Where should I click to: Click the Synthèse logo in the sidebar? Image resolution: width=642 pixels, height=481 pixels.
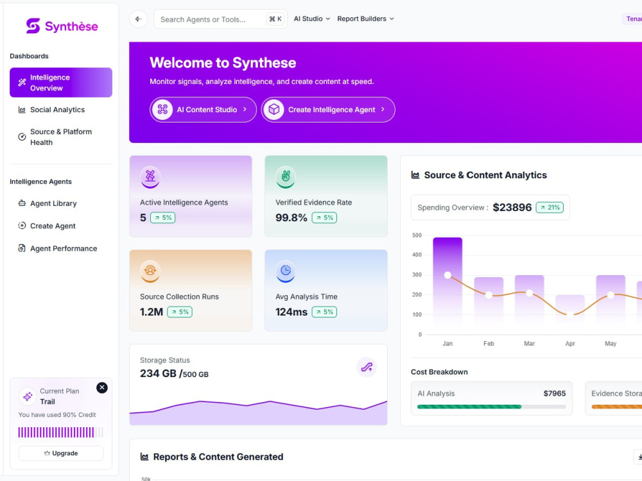click(x=62, y=26)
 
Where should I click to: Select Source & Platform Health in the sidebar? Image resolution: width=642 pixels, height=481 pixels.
click(x=60, y=137)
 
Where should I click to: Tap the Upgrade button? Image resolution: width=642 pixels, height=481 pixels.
click(x=61, y=453)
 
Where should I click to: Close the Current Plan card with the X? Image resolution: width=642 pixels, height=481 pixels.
click(x=102, y=387)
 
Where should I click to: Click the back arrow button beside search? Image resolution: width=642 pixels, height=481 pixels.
click(x=139, y=19)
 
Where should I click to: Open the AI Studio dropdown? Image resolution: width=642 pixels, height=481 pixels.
click(x=311, y=19)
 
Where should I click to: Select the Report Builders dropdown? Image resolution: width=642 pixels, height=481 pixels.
click(x=366, y=19)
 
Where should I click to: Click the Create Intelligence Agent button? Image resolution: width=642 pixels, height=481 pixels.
click(x=328, y=110)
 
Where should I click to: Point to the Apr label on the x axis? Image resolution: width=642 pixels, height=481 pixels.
click(x=570, y=344)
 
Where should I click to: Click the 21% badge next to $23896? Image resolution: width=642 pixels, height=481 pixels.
click(x=550, y=207)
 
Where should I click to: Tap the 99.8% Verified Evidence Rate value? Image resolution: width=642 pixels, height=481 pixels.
click(x=291, y=217)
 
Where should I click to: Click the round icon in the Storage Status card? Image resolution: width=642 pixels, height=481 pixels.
click(x=367, y=367)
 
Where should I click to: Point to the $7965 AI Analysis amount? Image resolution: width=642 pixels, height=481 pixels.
click(x=555, y=394)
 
